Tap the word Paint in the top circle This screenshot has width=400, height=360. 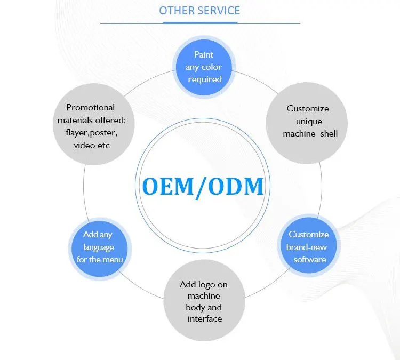[x=204, y=55]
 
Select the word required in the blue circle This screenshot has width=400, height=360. [x=204, y=79]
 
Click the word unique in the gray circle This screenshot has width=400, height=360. [x=308, y=121]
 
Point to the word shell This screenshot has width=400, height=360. [x=328, y=133]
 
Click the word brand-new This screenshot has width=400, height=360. [x=307, y=247]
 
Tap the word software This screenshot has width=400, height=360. [x=309, y=259]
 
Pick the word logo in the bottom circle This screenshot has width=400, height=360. [x=217, y=284]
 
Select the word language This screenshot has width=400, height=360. [x=99, y=247]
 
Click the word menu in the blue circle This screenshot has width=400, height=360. [x=113, y=259]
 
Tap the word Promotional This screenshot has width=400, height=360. [x=91, y=107]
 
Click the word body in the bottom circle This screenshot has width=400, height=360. [x=195, y=307]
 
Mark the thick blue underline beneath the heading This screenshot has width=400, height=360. [x=199, y=22]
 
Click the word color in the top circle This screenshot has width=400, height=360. [x=212, y=67]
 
